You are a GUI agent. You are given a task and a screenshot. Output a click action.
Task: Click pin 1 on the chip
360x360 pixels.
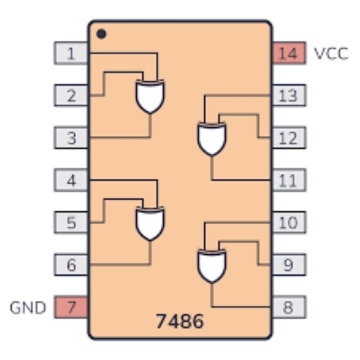[x=71, y=54]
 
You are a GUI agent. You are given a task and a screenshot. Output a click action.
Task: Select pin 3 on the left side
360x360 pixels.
[x=71, y=138]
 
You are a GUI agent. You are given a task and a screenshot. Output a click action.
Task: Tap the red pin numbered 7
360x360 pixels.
[x=71, y=308]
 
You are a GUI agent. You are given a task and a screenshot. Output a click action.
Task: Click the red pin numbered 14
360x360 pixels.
[x=288, y=54]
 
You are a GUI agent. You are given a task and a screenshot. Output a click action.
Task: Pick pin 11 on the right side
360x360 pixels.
[x=288, y=180]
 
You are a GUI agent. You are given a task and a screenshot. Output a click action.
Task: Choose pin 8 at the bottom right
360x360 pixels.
[x=288, y=308]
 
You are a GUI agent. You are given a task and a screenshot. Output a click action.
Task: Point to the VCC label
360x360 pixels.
[x=331, y=54]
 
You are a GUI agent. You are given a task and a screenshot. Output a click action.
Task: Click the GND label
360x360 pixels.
[x=28, y=308]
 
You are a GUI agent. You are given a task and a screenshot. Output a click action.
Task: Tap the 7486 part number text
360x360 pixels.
[x=180, y=321]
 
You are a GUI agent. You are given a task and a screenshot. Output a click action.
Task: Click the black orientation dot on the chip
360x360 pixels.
[x=102, y=34]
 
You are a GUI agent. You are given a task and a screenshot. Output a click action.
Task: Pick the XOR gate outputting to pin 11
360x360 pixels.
[x=212, y=138]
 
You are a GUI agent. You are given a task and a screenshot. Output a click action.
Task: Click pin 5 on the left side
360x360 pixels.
[x=71, y=223]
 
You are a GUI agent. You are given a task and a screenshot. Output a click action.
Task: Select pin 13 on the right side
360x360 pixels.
[x=288, y=95]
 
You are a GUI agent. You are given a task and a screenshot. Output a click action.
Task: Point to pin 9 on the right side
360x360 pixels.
[x=288, y=265]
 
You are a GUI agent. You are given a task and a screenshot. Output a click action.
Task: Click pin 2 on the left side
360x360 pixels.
[x=71, y=95]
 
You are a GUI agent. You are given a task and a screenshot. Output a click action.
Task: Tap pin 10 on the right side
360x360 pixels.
[x=288, y=223]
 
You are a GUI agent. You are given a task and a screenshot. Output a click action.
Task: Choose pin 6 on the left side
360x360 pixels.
[x=71, y=265]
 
